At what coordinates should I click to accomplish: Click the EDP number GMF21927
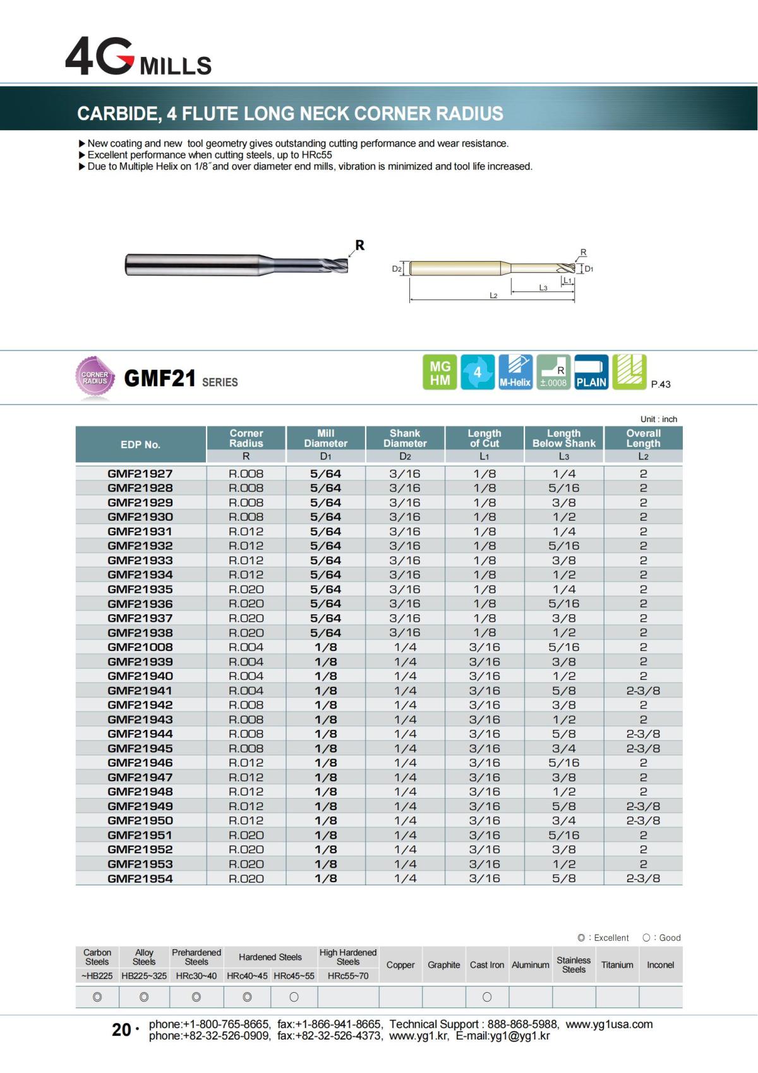[140, 473]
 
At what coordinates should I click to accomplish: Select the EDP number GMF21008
[140, 647]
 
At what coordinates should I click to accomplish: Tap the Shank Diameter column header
[405, 439]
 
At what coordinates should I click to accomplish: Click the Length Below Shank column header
[563, 439]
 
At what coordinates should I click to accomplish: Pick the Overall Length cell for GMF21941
[643, 691]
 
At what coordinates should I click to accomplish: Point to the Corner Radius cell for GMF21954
[246, 878]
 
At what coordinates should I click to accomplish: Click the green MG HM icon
[440, 373]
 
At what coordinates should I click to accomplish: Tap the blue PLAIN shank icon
[591, 373]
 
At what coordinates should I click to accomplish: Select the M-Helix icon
[515, 373]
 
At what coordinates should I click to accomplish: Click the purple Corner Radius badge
[95, 378]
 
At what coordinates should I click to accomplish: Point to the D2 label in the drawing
[397, 269]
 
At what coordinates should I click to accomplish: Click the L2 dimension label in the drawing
[493, 296]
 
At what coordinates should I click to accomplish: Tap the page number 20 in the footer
[121, 1030]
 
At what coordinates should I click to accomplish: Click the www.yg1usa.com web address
[609, 1024]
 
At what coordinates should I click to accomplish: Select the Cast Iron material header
[487, 965]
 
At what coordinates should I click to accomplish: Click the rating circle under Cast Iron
[487, 997]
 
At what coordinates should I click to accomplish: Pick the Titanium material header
[617, 965]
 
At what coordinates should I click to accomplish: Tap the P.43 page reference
[661, 384]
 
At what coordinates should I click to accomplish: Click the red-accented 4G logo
[100, 58]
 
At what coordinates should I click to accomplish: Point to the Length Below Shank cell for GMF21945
[563, 748]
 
